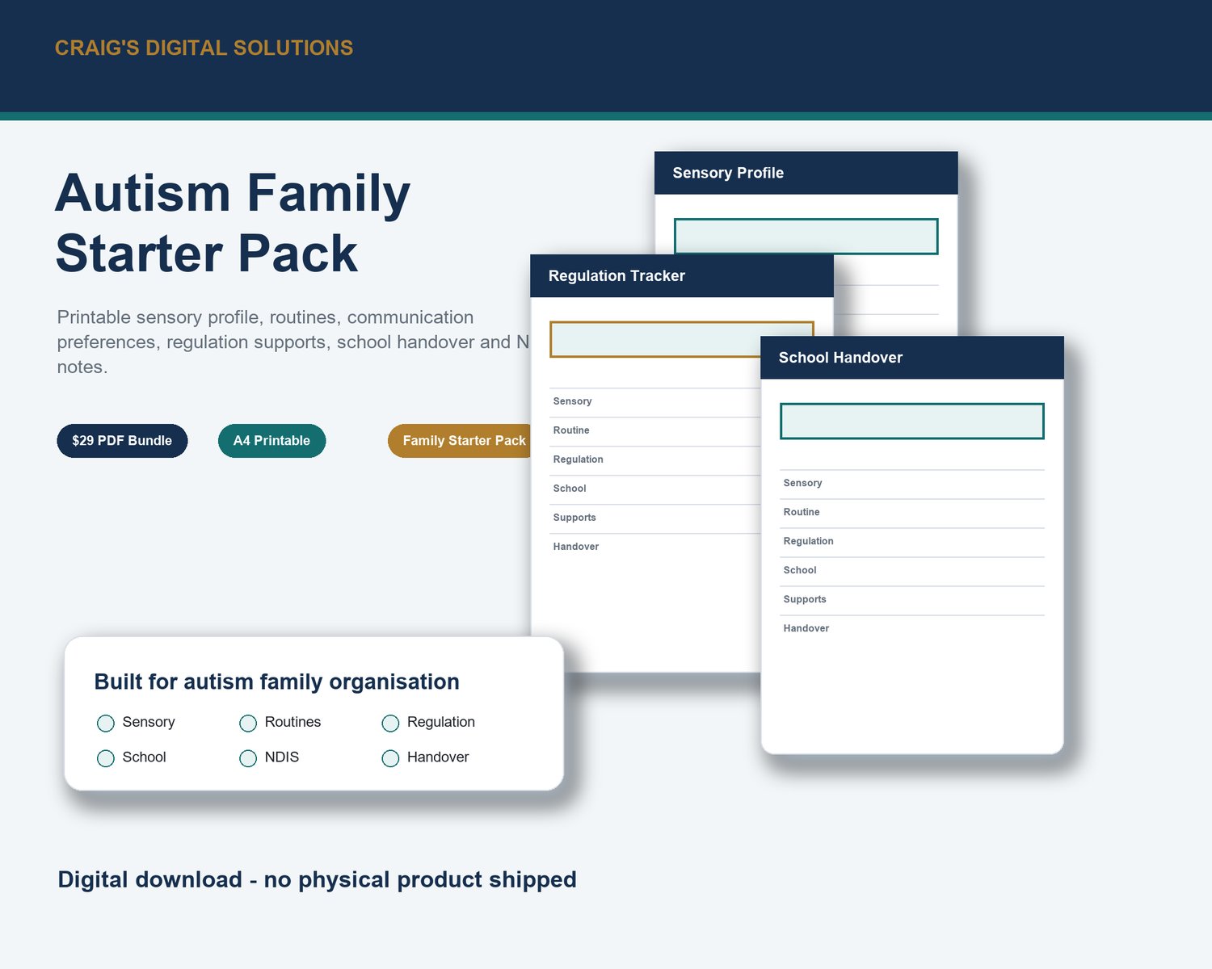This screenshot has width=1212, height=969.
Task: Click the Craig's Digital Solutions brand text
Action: click(204, 48)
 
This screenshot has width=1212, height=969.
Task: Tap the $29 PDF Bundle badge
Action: click(122, 440)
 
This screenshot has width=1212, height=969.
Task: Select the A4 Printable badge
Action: click(272, 440)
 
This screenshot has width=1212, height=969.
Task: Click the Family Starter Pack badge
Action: click(460, 440)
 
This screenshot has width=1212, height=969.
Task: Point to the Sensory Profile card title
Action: click(728, 173)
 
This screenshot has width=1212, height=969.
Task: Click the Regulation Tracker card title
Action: click(617, 276)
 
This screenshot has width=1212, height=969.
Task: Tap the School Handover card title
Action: click(840, 358)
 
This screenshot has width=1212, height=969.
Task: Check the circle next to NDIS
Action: click(248, 758)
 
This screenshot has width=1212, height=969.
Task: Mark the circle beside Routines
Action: click(248, 723)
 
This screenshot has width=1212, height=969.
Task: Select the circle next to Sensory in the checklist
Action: click(105, 723)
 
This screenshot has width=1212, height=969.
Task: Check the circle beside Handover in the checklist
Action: click(390, 758)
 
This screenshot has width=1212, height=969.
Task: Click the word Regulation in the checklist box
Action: click(441, 723)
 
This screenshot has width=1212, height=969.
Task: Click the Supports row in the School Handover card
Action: click(911, 600)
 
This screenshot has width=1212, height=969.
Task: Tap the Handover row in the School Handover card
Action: click(911, 628)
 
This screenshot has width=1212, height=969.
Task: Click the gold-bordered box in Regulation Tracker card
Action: click(654, 339)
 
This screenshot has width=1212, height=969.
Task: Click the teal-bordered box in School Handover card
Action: click(911, 422)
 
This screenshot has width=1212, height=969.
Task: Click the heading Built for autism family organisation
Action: click(276, 682)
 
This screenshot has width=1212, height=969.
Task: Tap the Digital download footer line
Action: click(317, 879)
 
